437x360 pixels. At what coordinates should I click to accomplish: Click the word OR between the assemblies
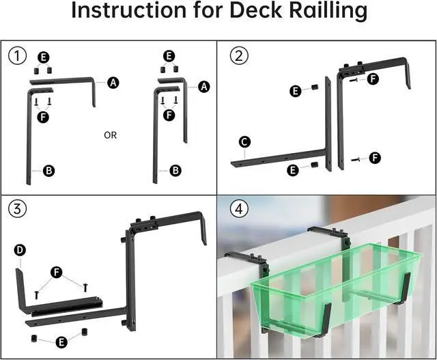click(110, 135)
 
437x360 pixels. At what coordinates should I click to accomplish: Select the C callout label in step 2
click(245, 142)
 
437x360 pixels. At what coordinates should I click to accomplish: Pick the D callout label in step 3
click(20, 251)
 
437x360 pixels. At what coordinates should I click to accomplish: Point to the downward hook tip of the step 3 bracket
click(203, 236)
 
